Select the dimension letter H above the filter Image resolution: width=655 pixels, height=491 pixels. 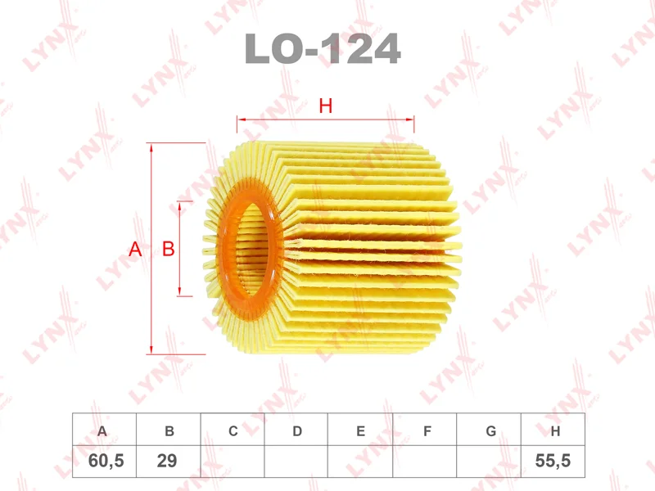[325, 106]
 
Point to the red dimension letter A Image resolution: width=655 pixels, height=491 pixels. [136, 250]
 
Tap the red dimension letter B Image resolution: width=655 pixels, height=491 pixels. [168, 250]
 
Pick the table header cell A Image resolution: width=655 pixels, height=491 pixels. [104, 430]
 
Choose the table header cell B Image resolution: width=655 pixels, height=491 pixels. [169, 430]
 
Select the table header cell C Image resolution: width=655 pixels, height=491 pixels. [233, 430]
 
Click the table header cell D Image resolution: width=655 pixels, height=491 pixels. [297, 430]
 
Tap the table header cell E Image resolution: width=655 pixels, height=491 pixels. [361, 430]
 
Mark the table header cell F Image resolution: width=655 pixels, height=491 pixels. [426, 430]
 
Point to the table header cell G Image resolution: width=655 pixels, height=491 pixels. [490, 430]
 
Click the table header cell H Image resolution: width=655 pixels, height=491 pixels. [554, 430]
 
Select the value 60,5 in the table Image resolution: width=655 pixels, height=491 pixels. [105, 462]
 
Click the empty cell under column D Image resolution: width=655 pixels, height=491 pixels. [297, 462]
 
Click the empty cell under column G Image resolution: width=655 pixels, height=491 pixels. [490, 462]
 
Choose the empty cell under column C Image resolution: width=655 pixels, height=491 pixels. [233, 462]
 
